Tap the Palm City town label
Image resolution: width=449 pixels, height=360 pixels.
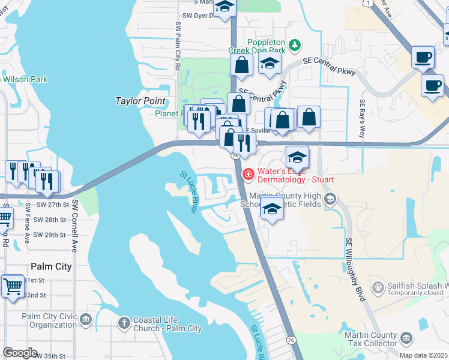pyautogui.click(x=51, y=266)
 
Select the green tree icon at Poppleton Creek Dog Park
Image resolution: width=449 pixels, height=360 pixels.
pyautogui.click(x=294, y=44)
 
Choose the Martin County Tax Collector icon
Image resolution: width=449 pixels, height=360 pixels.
pyautogui.click(x=407, y=339)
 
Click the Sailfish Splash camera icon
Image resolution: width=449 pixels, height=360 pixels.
pyautogui.click(x=378, y=289)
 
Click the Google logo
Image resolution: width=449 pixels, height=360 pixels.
pyautogui.click(x=20, y=353)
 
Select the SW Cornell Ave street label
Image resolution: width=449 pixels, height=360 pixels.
pyautogui.click(x=75, y=226)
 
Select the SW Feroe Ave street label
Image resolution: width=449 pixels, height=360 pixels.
pyautogui.click(x=28, y=223)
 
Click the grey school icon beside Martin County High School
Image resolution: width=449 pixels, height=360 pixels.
pyautogui.click(x=328, y=199)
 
